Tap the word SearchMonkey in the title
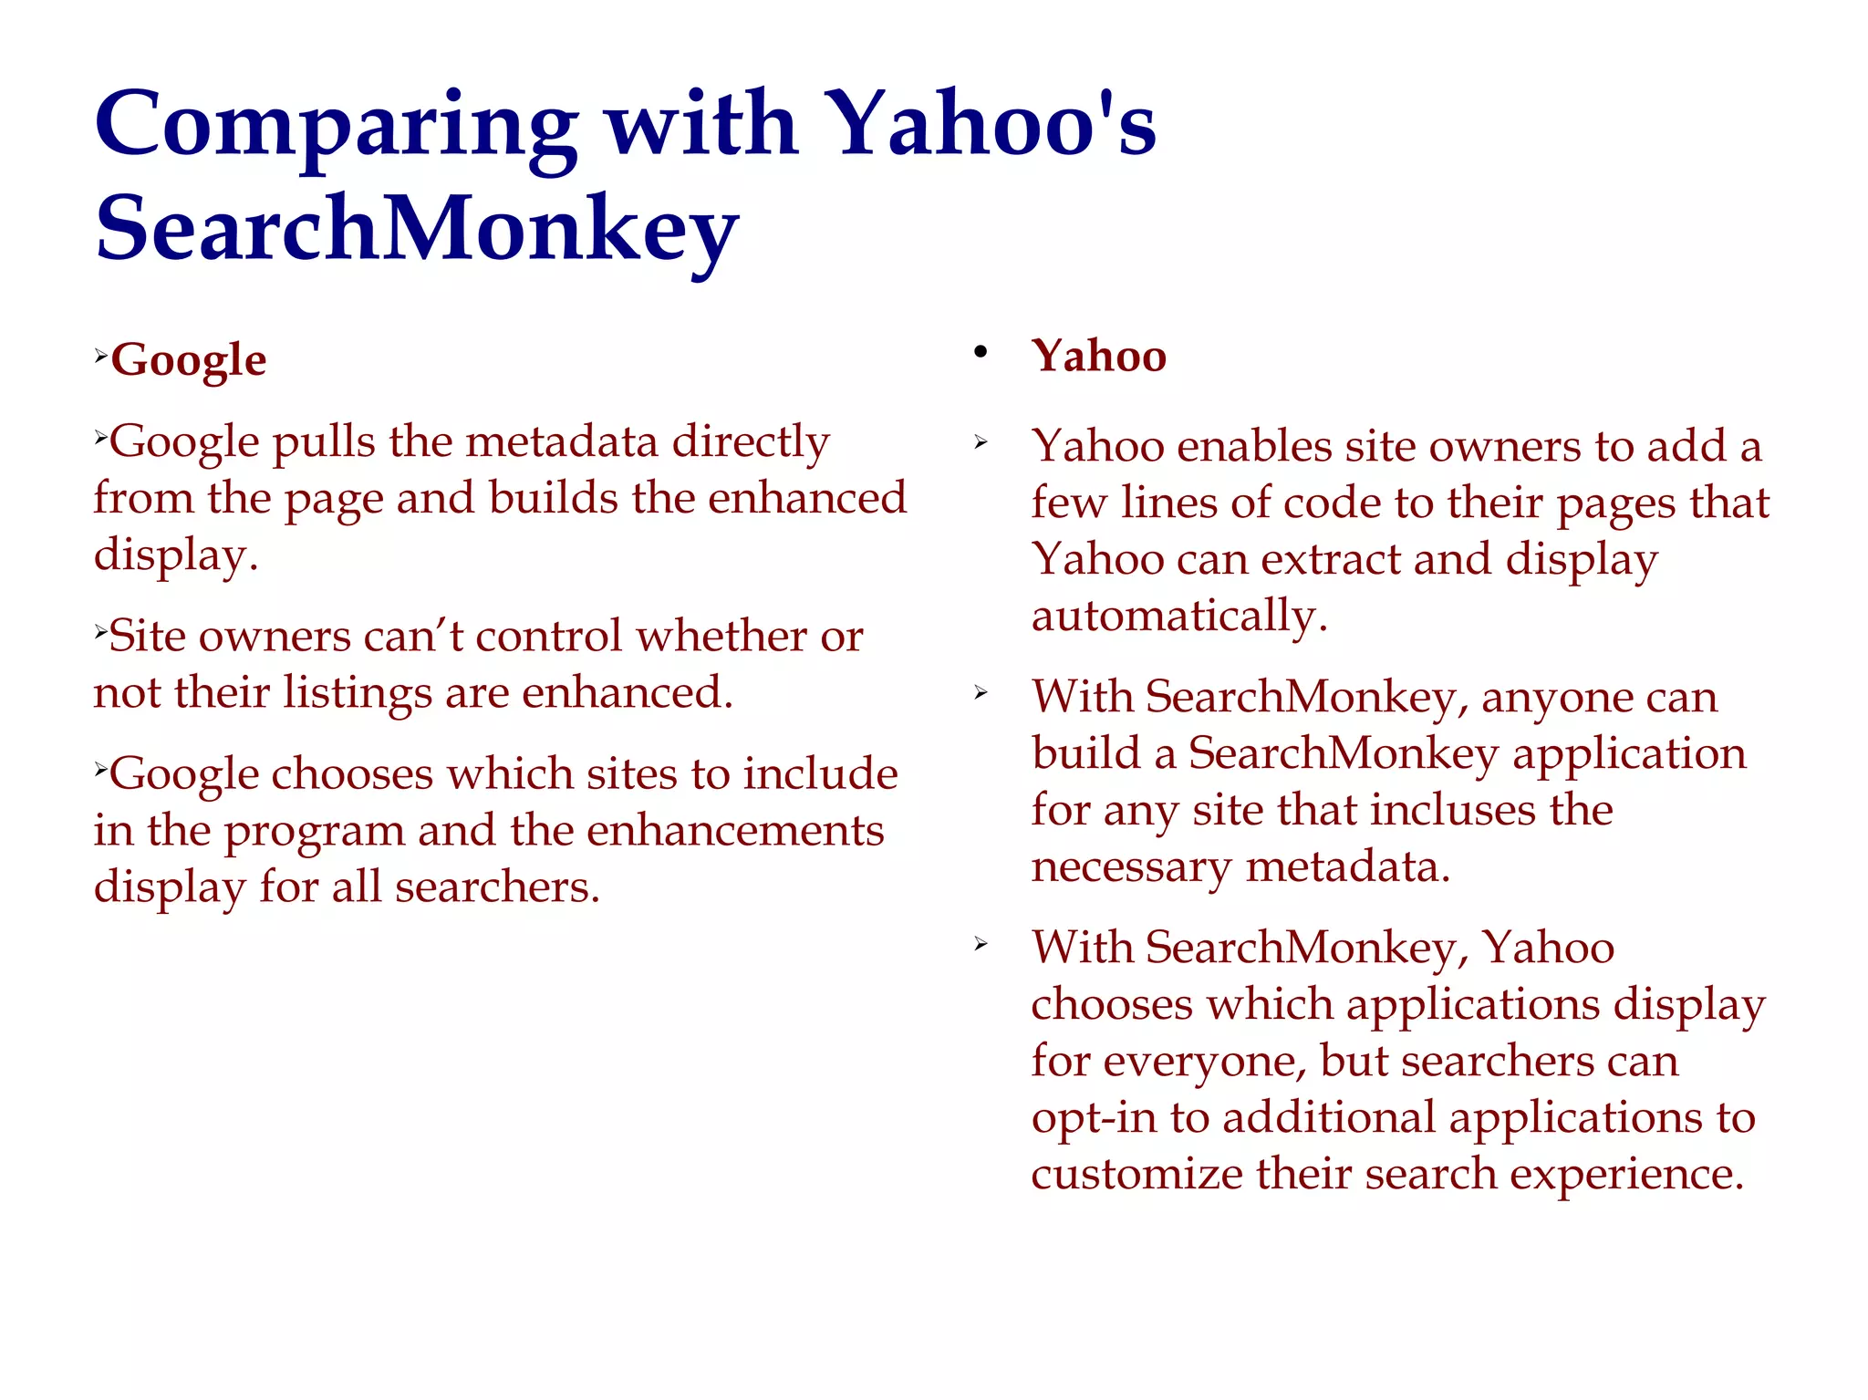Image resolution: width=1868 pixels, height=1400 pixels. pyautogui.click(x=416, y=228)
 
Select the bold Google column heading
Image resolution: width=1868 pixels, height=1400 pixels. pyautogui.click(x=189, y=359)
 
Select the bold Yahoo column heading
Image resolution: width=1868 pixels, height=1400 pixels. pyautogui.click(x=1099, y=356)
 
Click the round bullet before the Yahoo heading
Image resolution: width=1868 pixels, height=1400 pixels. pyautogui.click(x=981, y=353)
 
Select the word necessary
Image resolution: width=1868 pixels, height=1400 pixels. pyautogui.click(x=1131, y=867)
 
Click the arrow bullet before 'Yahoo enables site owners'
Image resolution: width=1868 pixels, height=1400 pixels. pyautogui.click(x=981, y=444)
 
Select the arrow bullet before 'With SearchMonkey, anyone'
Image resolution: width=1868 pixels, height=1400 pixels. pyautogui.click(x=981, y=693)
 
